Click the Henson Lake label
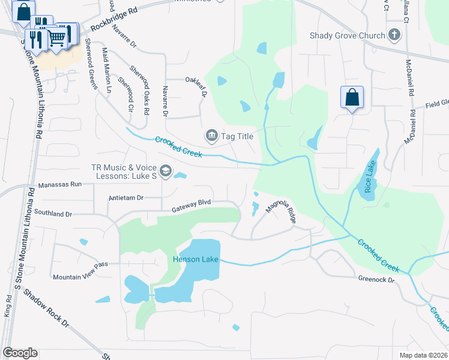(194, 259)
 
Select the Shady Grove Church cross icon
(394, 35)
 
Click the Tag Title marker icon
(211, 136)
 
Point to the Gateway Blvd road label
(191, 206)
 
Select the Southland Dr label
(53, 213)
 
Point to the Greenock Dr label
(376, 280)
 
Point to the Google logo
(20, 353)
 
